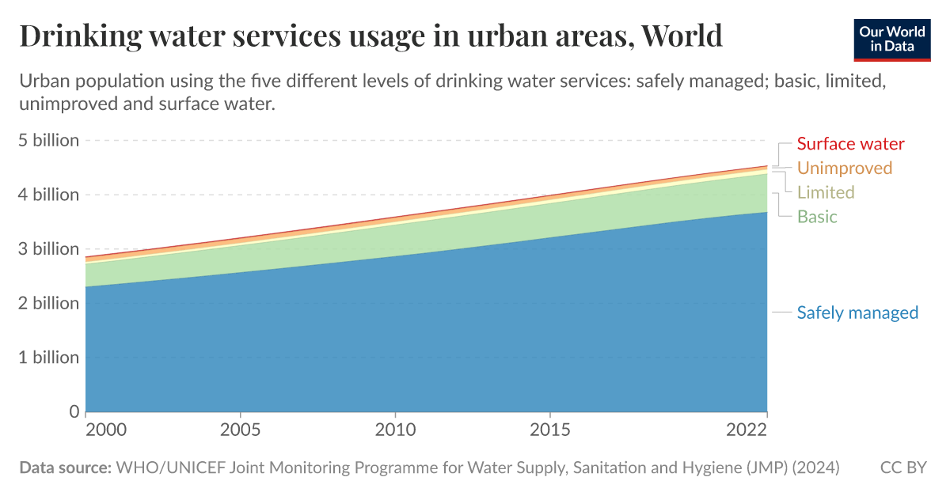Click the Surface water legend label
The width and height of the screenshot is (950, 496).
(850, 144)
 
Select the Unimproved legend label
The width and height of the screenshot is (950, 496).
(844, 168)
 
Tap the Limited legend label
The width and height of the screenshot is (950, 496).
(826, 192)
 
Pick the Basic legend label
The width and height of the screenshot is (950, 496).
(817, 217)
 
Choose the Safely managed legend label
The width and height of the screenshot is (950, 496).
(857, 312)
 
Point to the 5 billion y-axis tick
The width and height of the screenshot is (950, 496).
(49, 141)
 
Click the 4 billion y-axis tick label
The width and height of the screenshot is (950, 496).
(49, 195)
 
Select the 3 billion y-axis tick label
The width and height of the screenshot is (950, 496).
(49, 249)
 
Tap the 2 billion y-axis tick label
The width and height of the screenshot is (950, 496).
(49, 303)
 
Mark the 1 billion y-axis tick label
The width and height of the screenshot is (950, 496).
(49, 358)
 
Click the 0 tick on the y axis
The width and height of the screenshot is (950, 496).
(74, 411)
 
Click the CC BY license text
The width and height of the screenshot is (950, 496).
(903, 468)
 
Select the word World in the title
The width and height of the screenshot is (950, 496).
(682, 36)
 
